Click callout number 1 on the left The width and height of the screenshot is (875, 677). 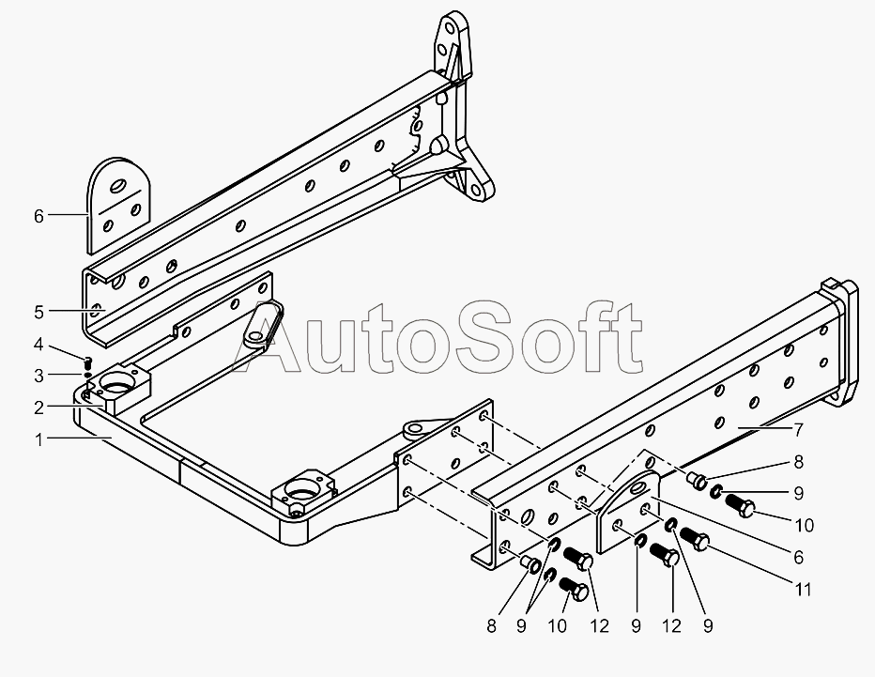pos(38,439)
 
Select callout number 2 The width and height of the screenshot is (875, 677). pos(38,407)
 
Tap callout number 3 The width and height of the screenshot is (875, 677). pos(38,376)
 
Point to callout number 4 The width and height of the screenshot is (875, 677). pos(38,343)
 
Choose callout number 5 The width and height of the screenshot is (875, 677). pos(38,310)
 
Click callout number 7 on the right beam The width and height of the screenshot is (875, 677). pos(797,430)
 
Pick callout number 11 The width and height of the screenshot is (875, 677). pos(803,590)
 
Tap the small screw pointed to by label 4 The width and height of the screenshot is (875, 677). pos(87,362)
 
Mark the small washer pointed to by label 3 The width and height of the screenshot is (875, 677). pos(87,374)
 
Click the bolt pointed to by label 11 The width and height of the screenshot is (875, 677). pos(696,539)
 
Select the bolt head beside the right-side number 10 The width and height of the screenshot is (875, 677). pos(741,508)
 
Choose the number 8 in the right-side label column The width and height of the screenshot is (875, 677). pos(797,462)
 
